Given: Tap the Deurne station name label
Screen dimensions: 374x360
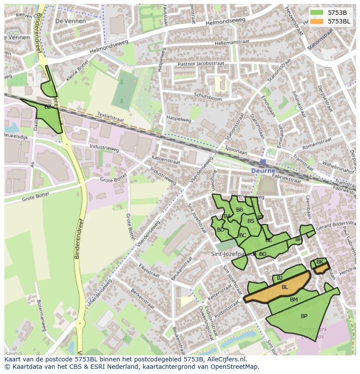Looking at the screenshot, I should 263,171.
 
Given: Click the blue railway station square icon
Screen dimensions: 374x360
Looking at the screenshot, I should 263,162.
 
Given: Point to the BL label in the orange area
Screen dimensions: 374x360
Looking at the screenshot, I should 285,287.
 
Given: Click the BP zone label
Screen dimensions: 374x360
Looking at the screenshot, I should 304,316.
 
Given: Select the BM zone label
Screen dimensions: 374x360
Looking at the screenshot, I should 294,300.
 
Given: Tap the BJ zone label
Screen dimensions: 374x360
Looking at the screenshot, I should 280,278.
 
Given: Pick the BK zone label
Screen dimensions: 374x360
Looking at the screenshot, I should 320,262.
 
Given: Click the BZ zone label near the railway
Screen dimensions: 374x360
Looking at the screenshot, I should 48,107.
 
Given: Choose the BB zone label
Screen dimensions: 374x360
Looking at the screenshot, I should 240,210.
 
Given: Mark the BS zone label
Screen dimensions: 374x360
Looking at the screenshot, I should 251,221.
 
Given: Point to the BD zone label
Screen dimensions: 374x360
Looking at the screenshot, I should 220,230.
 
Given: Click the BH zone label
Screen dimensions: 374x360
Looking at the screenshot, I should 299,239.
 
